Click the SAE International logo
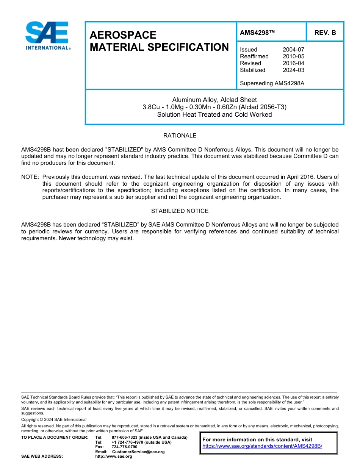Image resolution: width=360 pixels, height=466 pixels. click(47, 36)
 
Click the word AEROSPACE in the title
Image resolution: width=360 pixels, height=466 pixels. click(123, 35)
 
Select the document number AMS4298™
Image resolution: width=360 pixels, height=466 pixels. click(257, 33)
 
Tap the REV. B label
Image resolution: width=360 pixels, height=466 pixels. click(325, 33)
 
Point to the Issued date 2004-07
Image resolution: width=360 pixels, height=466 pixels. click(293, 50)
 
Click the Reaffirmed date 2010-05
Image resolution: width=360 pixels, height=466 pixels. click(293, 56)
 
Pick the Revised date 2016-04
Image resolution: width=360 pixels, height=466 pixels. click(293, 63)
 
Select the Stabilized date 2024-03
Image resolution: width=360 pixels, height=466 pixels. click(293, 70)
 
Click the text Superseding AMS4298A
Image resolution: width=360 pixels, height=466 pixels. click(272, 83)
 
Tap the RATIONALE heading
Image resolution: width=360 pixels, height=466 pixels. click(180, 136)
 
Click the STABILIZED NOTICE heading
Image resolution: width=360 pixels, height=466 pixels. click(180, 211)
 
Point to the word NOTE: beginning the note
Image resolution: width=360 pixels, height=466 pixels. click(30, 177)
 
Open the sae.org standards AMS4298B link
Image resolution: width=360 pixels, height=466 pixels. click(262, 446)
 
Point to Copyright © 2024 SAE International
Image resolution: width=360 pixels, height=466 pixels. click(54, 419)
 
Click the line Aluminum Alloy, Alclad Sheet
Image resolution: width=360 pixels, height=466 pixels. click(214, 100)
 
